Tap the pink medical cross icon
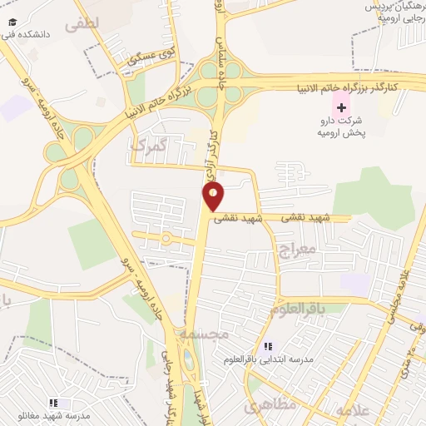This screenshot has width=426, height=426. pos(340,107)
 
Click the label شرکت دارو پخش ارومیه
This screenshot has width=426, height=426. pos(341,126)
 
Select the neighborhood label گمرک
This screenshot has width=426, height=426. pos(150,146)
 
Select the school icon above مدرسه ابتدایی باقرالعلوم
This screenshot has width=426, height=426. pos(268,346)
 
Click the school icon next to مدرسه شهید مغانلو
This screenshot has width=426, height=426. pos(54,403)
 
